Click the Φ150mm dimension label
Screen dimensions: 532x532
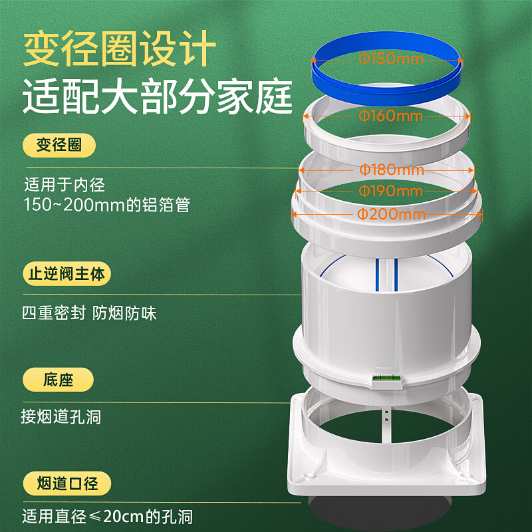390,59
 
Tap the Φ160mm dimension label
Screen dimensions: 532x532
390,116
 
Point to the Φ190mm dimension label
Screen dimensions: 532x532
390,192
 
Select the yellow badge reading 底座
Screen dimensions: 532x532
58,380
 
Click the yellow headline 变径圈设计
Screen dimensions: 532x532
120,51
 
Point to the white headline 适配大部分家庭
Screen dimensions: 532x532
158,98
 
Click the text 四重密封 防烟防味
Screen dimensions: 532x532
89,313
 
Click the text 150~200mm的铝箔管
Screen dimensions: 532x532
107,204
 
